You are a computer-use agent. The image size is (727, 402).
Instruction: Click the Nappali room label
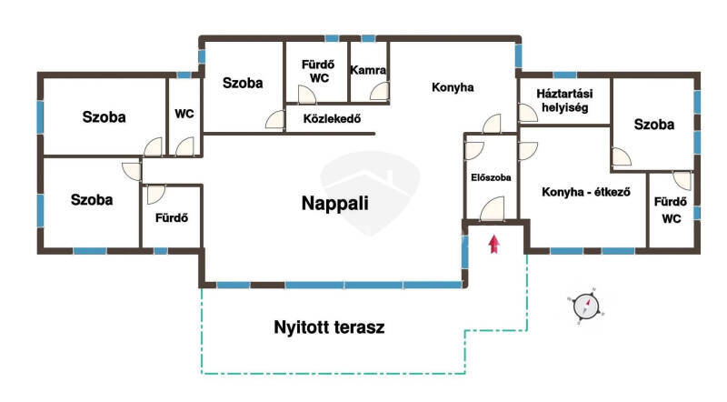point(334,204)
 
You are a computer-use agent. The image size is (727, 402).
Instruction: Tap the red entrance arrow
point(493,244)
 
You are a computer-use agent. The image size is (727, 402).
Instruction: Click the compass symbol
point(586,307)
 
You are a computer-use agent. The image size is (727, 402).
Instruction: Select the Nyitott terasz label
point(329,327)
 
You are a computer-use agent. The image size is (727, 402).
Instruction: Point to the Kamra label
point(368,70)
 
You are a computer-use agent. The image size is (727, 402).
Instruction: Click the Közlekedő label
point(332,119)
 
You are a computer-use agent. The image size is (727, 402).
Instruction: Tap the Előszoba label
point(491,177)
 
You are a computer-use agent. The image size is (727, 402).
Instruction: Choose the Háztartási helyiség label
point(564,101)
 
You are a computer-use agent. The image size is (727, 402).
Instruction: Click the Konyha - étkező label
point(586,192)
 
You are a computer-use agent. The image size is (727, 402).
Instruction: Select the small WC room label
point(184,114)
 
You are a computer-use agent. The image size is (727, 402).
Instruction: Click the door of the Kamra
point(380,91)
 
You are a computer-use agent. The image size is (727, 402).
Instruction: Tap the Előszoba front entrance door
point(492,209)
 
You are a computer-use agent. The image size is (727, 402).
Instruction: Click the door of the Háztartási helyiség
point(528,113)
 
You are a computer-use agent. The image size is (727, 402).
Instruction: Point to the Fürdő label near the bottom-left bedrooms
point(172,217)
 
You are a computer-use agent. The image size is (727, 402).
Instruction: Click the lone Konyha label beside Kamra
point(453,87)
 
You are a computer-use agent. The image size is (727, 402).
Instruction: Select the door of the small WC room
point(184,146)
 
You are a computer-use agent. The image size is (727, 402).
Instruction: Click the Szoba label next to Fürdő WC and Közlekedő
point(243,83)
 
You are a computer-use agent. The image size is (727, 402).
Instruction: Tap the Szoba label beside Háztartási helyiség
point(653,125)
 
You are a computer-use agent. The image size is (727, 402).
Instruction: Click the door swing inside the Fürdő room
point(155,195)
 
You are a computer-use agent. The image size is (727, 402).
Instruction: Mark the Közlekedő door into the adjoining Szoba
point(275,119)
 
